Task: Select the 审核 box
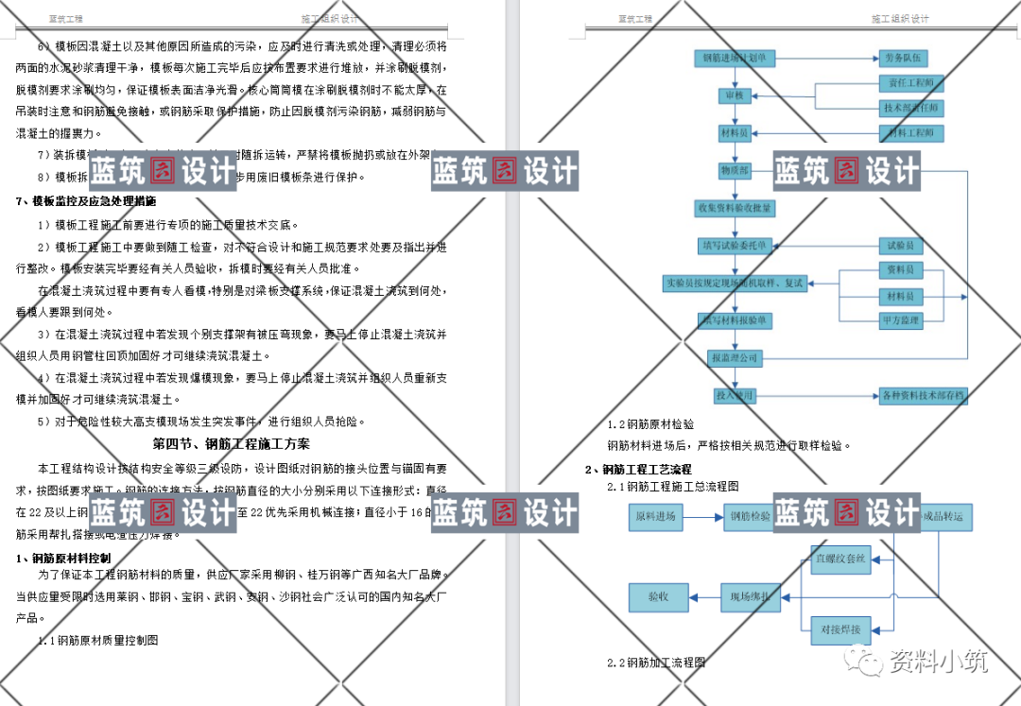(735, 96)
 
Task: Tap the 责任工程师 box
(911, 83)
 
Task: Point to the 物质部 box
(735, 171)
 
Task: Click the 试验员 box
(900, 246)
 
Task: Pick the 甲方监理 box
(900, 320)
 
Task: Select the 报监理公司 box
(735, 358)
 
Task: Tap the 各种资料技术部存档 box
(922, 396)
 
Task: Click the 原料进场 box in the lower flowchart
(655, 517)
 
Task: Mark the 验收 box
(657, 596)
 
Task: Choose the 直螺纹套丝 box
(840, 559)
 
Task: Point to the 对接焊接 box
(840, 629)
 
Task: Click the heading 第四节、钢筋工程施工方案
(231, 443)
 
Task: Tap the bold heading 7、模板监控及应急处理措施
(86, 201)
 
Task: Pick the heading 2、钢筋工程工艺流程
(637, 469)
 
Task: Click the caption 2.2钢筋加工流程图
(656, 663)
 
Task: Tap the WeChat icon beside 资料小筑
(867, 660)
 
